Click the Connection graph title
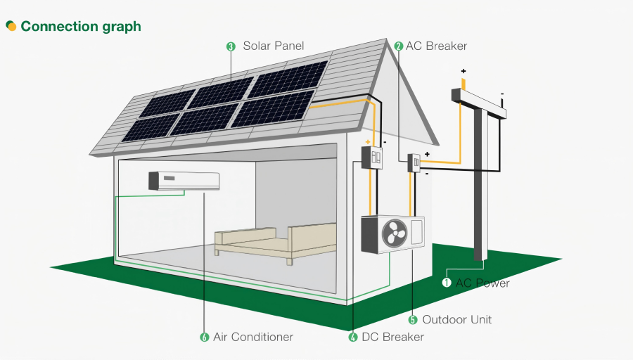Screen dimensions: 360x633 click(81, 27)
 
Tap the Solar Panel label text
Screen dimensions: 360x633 click(274, 46)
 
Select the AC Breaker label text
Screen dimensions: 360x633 click(436, 46)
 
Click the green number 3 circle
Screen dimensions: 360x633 click(231, 46)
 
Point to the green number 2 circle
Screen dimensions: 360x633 click(399, 46)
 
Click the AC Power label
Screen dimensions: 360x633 click(482, 283)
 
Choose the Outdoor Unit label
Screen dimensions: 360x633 click(456, 319)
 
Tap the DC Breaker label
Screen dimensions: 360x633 click(392, 337)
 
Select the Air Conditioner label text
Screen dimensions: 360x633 click(252, 337)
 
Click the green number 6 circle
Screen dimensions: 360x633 click(205, 337)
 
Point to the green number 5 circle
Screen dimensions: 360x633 click(414, 319)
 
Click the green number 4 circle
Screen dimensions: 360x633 click(353, 337)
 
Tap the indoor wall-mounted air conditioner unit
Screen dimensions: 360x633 click(184, 181)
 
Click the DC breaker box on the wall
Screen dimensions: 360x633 click(371, 157)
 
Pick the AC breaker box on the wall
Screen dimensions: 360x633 click(414, 163)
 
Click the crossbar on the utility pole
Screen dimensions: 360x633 click(479, 101)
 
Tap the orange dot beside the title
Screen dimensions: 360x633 click(11, 26)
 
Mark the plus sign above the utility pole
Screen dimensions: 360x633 click(463, 71)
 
